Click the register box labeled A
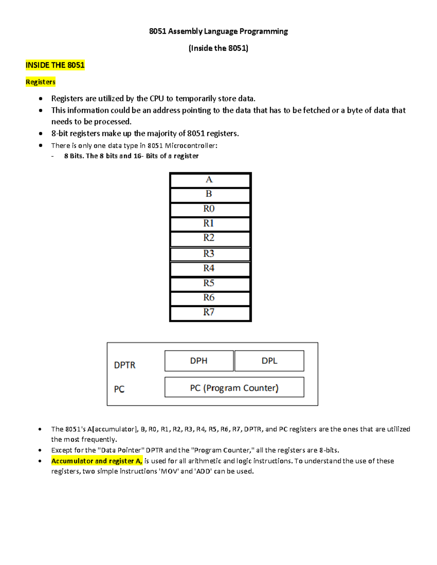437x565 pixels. tap(210, 180)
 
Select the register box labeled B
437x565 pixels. tap(210, 195)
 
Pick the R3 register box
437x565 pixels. tap(210, 254)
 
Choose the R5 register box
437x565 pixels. tap(210, 284)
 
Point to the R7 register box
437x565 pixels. tap(210, 313)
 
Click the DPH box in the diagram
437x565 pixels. tap(199, 361)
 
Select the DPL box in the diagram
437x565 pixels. tap(269, 361)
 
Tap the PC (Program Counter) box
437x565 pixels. tap(234, 387)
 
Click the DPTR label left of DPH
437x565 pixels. tap(125, 365)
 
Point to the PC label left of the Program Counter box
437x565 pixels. tap(119, 389)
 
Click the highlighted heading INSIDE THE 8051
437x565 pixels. tap(55, 65)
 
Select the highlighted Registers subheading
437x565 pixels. tap(40, 82)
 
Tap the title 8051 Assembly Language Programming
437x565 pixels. tap(219, 31)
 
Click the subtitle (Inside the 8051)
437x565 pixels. tap(219, 48)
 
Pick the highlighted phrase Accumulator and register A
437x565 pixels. tap(97, 461)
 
